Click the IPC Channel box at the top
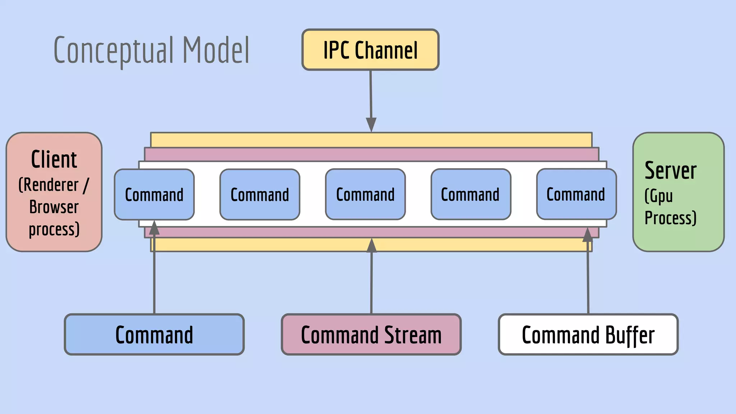tap(370, 50)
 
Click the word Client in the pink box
tap(54, 160)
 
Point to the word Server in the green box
tap(671, 170)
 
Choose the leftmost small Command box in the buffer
tap(154, 194)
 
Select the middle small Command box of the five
tap(365, 194)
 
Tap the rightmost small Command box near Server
tap(576, 194)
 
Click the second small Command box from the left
tap(259, 194)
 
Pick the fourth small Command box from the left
tap(470, 194)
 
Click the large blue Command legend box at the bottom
tap(154, 335)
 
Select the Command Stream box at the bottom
tap(371, 335)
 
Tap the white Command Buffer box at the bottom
tap(588, 335)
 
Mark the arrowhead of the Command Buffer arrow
tap(588, 235)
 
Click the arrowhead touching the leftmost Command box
tap(154, 228)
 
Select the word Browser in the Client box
tap(54, 207)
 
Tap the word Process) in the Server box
tap(670, 218)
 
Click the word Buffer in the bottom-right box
tap(630, 335)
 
